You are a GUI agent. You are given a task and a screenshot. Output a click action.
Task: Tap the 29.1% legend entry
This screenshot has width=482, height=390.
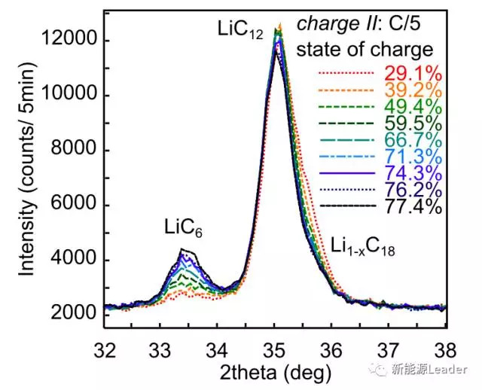click(x=411, y=73)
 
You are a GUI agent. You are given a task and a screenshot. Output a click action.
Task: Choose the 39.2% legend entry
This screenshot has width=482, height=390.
click(x=411, y=90)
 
